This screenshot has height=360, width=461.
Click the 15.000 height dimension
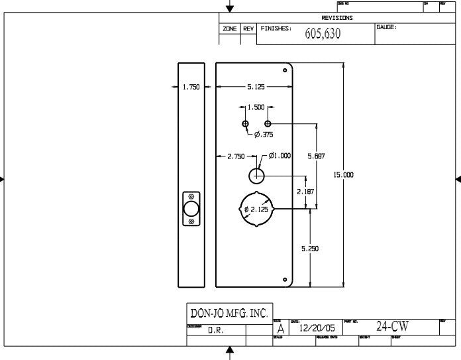coord(343,174)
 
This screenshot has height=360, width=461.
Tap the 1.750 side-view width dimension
coord(191,87)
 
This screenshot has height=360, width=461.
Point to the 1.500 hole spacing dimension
coord(256,107)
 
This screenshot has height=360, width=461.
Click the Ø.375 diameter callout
coord(263,135)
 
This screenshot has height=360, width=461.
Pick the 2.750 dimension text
coord(236,156)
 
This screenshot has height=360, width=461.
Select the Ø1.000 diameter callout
coord(280,156)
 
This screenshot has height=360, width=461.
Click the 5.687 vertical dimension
coord(317,156)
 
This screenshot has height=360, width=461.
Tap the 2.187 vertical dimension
coord(305,192)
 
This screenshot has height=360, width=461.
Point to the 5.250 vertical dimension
coord(310,249)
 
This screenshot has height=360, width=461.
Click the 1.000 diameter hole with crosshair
coord(257,176)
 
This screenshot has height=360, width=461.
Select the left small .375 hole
coord(245,123)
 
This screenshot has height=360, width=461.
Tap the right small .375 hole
coord(268,123)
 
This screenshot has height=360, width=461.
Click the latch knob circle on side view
coord(191,209)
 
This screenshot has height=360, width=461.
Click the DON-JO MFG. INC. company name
coord(229,313)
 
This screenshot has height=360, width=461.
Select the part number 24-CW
coord(393,327)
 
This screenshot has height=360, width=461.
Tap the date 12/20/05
coord(317,328)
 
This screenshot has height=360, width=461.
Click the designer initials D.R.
coord(215,330)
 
